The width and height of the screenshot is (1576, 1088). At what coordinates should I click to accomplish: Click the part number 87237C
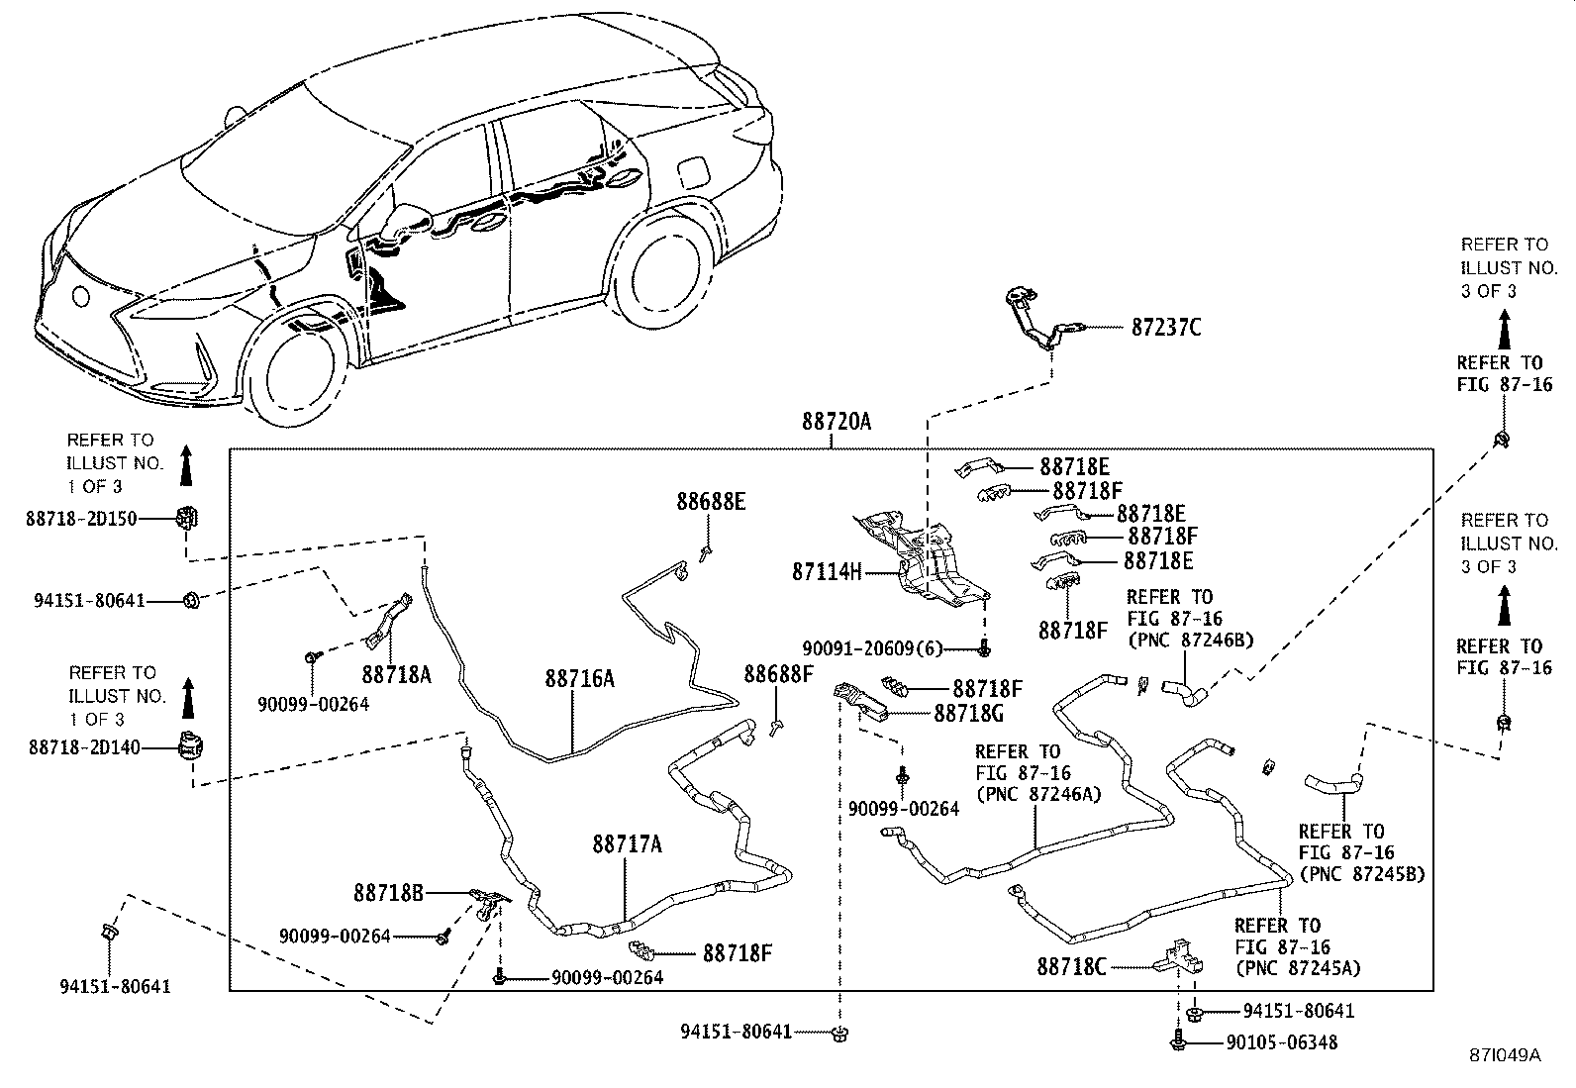pos(1166,328)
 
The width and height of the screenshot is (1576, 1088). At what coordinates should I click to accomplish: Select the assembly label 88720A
pos(837,423)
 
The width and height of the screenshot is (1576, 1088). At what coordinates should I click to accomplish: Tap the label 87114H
pos(828,571)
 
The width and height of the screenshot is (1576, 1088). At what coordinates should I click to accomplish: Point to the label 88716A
pos(579,678)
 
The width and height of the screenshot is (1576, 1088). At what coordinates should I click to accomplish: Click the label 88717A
pos(628,844)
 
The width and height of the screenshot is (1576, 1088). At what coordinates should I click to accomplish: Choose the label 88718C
pos(1071,966)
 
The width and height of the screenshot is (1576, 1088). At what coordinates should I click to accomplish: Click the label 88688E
pos(711,502)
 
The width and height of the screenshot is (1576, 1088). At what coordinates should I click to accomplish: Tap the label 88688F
pos(778,674)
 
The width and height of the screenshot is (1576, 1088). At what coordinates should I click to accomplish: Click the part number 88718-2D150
pos(82,518)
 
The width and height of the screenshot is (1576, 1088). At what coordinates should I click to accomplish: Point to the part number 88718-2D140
pos(82,748)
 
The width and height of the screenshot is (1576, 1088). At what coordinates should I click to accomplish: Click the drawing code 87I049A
pos(1504,1055)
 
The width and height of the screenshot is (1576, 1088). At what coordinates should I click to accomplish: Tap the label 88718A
pos(396,674)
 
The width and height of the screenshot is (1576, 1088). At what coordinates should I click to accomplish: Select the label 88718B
pos(389,893)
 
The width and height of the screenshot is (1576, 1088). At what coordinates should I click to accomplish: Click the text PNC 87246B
pos(1191,640)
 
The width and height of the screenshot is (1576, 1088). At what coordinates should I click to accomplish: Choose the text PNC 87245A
pos(1297,968)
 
